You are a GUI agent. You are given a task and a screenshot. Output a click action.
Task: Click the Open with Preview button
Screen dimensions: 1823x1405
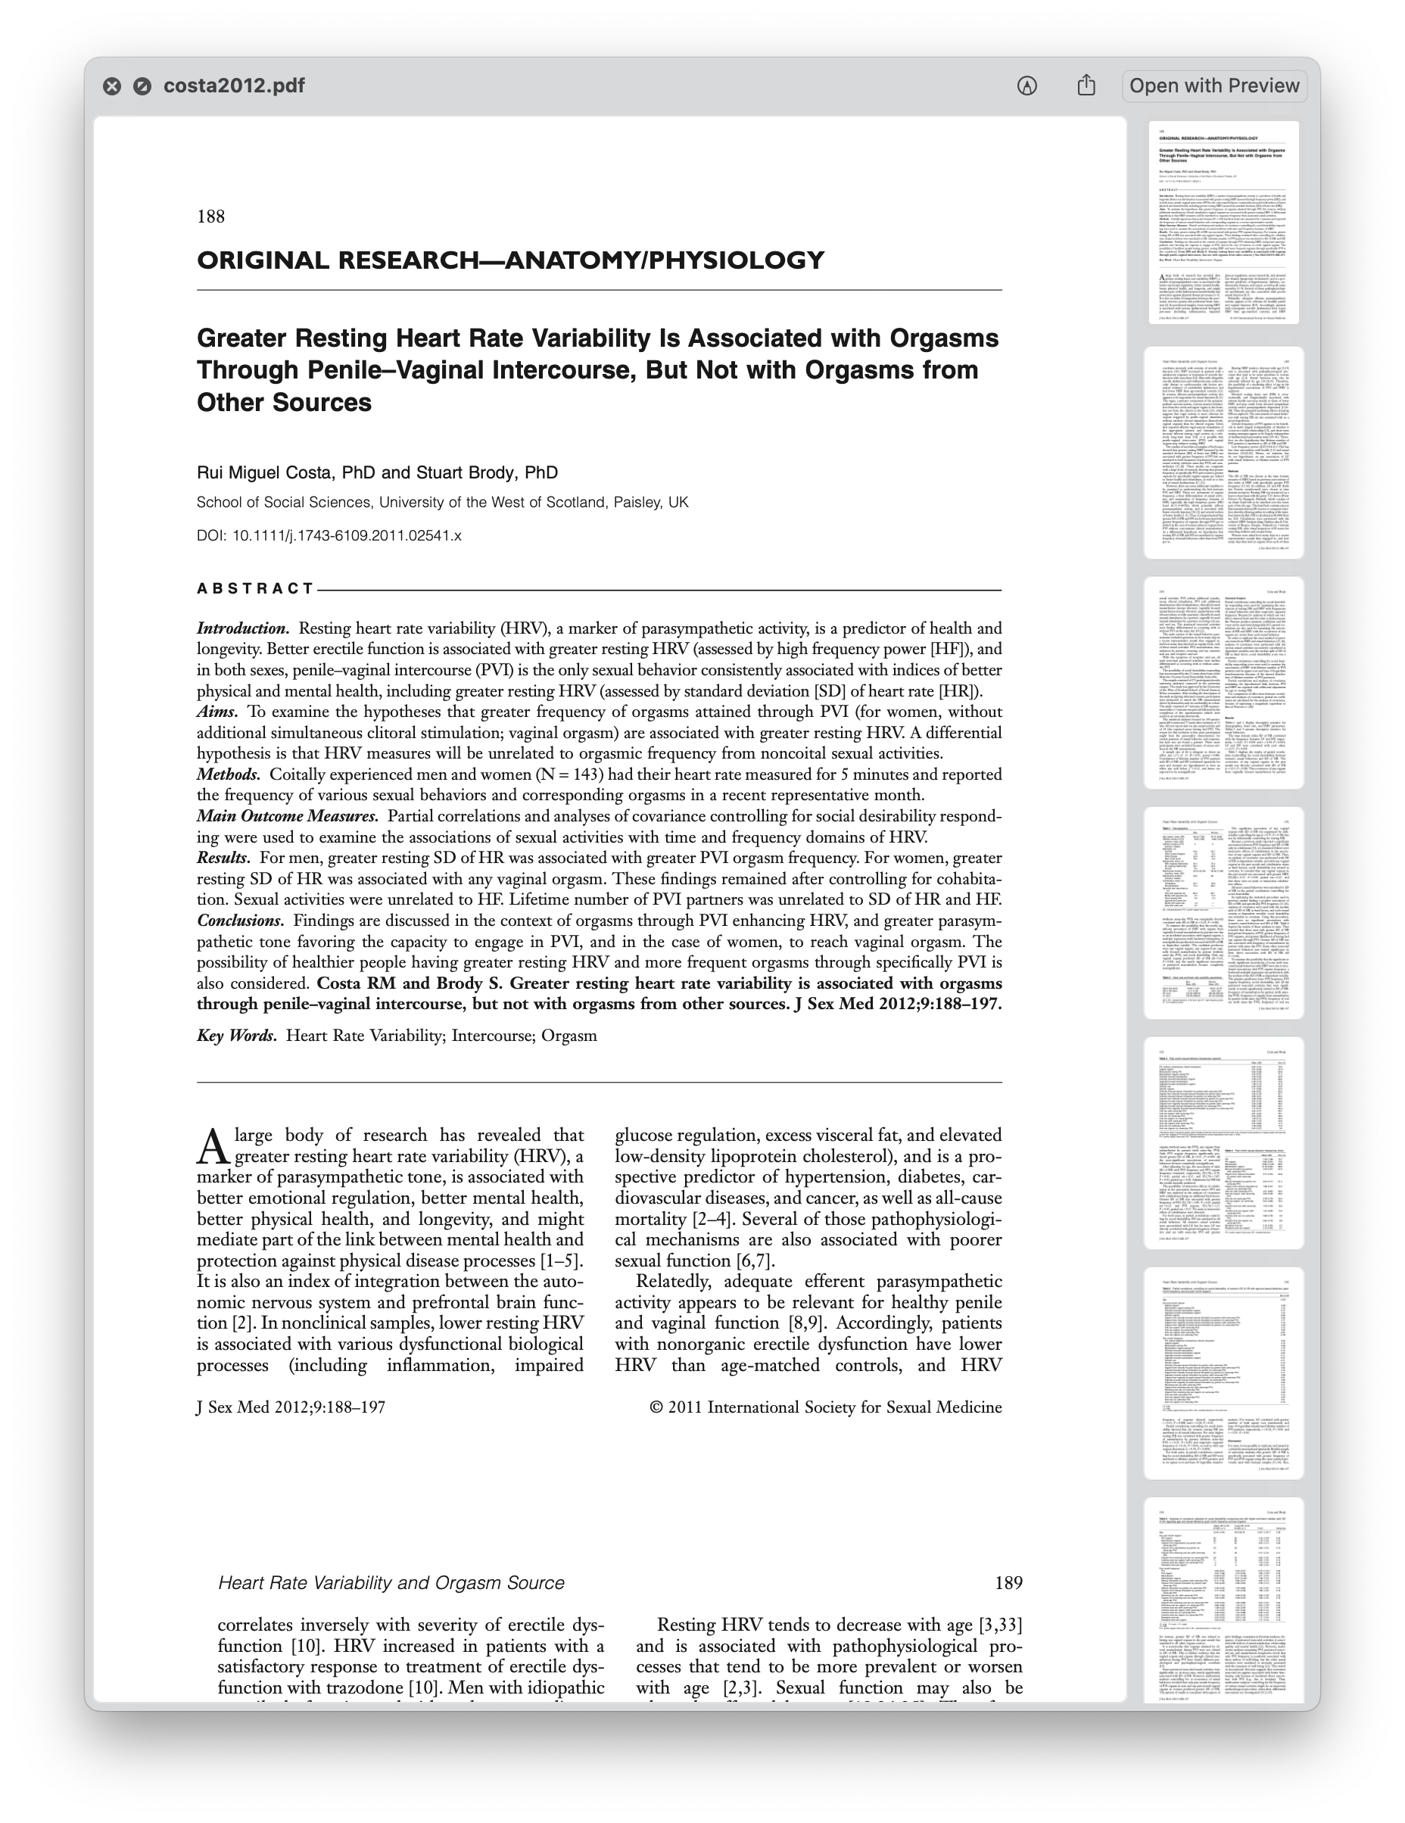pos(1213,86)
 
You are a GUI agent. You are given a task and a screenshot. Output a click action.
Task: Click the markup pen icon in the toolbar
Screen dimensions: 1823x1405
pos(1026,86)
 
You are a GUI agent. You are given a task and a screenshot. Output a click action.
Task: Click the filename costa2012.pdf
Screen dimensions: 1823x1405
pos(234,86)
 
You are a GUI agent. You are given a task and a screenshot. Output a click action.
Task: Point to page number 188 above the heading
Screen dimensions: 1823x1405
pos(210,217)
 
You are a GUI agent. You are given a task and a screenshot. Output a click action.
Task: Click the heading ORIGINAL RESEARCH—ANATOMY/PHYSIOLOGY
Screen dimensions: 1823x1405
pos(510,260)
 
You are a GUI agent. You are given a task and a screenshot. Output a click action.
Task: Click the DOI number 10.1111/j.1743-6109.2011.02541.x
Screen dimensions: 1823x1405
pos(347,536)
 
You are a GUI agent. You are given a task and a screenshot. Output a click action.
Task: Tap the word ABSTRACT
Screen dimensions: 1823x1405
pos(254,588)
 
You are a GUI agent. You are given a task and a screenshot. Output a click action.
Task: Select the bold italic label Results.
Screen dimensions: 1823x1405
pos(223,858)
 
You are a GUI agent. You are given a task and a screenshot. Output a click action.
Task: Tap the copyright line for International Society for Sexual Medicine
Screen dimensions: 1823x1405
pos(825,1407)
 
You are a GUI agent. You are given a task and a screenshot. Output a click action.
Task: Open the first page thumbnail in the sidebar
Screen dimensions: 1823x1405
pos(1224,223)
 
